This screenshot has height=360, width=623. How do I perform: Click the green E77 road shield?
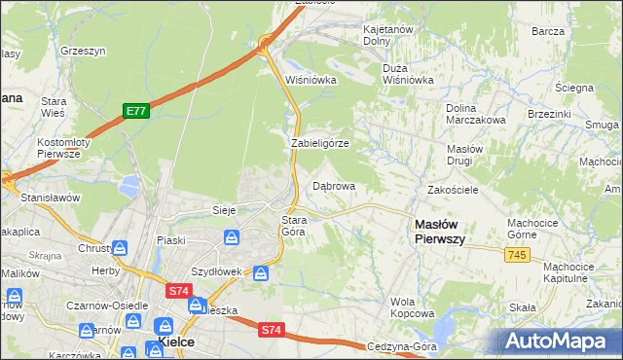[x=135, y=112]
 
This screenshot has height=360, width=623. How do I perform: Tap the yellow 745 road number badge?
[x=518, y=254]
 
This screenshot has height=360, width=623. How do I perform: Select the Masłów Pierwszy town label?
[x=440, y=231]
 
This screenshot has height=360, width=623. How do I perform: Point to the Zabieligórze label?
[x=320, y=143]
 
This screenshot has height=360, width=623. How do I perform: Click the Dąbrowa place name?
[x=333, y=185]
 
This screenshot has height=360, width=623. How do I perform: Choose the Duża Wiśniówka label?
[x=408, y=75]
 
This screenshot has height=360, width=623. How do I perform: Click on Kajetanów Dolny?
[x=390, y=36]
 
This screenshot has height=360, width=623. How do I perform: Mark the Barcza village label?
[x=549, y=31]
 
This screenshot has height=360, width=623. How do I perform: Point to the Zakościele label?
[x=453, y=190]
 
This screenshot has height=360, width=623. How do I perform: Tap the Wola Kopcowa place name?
[x=412, y=307]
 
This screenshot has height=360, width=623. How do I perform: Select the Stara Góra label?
[x=294, y=226]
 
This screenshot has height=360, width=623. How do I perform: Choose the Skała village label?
[x=524, y=307]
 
